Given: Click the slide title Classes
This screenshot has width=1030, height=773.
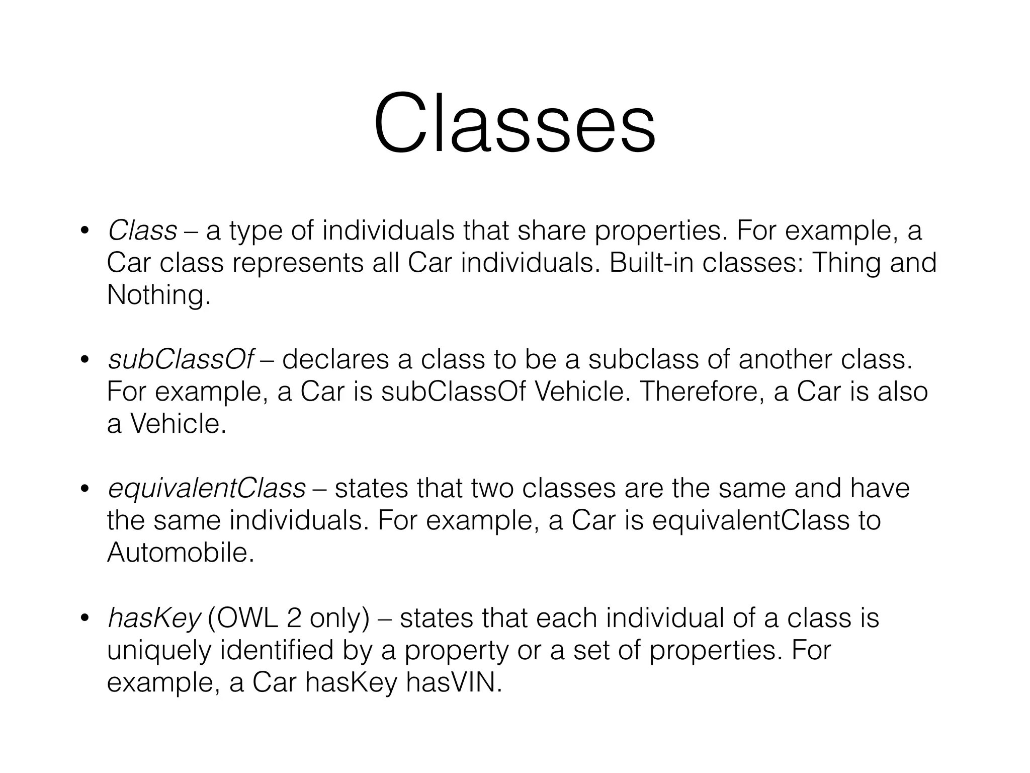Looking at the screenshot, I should pyautogui.click(x=514, y=124).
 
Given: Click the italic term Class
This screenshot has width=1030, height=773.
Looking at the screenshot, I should pyautogui.click(x=142, y=231).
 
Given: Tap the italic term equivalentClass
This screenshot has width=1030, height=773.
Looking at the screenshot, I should pyautogui.click(x=207, y=489).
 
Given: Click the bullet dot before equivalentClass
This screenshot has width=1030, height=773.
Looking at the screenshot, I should pyautogui.click(x=84, y=489).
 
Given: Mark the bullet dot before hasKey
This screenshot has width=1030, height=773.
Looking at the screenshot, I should pyautogui.click(x=84, y=619).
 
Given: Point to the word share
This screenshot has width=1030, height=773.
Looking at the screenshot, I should pyautogui.click(x=551, y=231).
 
